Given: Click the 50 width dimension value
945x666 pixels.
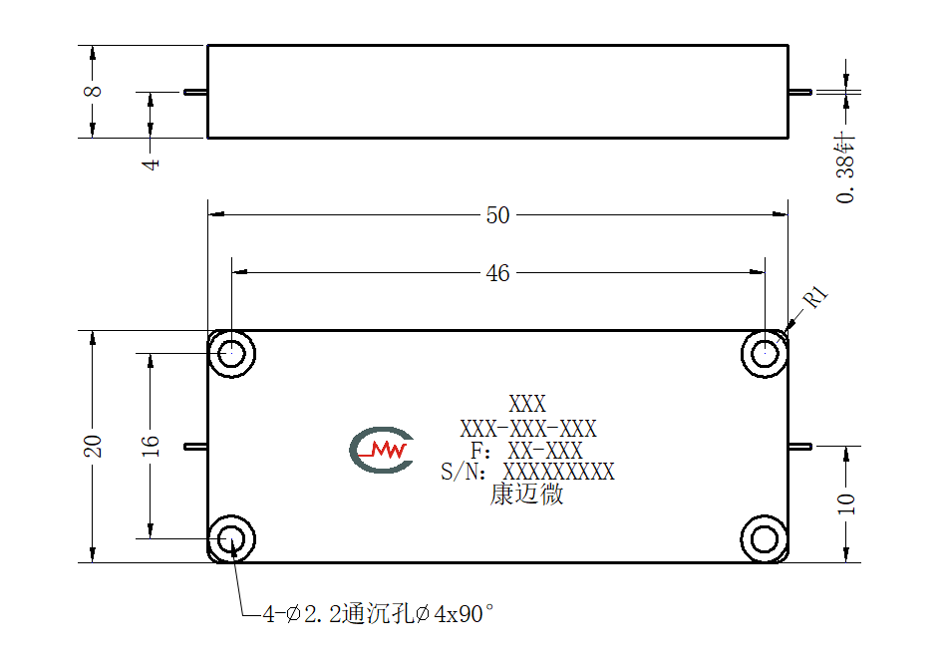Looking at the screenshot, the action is [497, 215].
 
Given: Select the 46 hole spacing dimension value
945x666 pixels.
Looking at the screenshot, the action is [497, 273].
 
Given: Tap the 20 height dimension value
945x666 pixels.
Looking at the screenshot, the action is [93, 446].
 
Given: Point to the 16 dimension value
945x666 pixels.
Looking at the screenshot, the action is [151, 446].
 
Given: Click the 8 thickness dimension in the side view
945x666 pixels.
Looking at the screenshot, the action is [93, 91].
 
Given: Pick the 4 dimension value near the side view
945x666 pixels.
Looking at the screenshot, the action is [151, 164].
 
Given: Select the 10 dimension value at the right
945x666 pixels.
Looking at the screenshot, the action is [846, 503].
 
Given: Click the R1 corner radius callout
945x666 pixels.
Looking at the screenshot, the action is [816, 296].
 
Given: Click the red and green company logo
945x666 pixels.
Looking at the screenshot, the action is [382, 450].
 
